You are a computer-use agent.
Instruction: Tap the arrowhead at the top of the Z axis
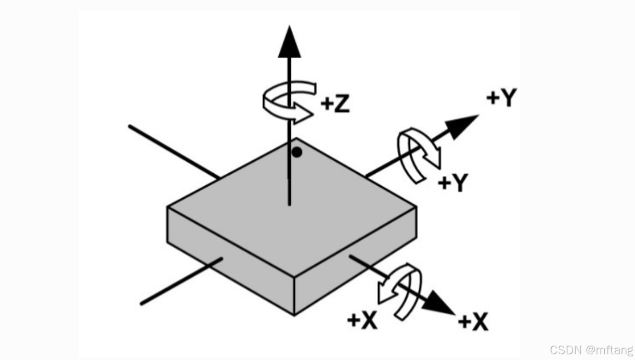[290, 42]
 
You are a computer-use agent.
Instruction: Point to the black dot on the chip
[296, 152]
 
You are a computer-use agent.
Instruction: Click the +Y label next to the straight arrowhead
[501, 98]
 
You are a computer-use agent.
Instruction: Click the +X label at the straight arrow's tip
[473, 323]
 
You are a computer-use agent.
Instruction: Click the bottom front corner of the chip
[294, 315]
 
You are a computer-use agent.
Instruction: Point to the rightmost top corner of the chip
[416, 207]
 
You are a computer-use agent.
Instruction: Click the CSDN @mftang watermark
[591, 349]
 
